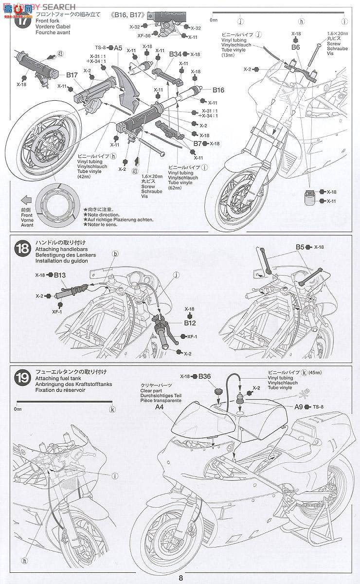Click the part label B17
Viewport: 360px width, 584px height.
pos(72,75)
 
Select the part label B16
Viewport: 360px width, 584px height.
pos(218,90)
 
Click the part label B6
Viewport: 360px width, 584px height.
pos(296,47)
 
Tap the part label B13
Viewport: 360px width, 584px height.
pos(60,275)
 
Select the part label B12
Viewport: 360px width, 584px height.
pos(190,322)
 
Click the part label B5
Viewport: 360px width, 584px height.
pos(300,247)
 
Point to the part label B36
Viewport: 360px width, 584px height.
pos(204,376)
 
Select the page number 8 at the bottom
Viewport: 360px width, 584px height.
pos(180,578)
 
